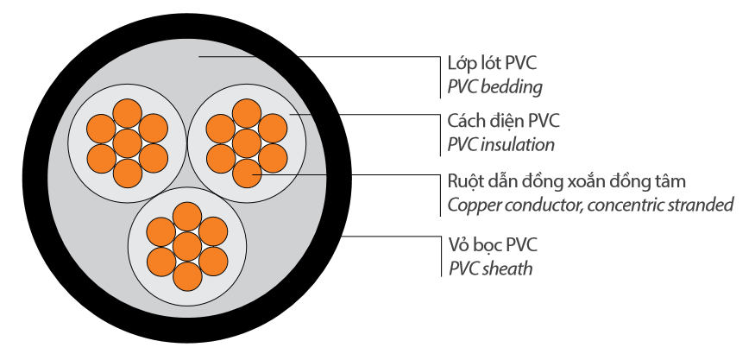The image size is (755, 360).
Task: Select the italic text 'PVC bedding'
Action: point(495,86)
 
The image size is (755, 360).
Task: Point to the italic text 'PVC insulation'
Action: point(501,144)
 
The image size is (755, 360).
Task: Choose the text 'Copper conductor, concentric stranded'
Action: point(590,205)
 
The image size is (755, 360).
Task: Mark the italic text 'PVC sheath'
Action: point(490,268)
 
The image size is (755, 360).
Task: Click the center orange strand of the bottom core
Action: point(186,247)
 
